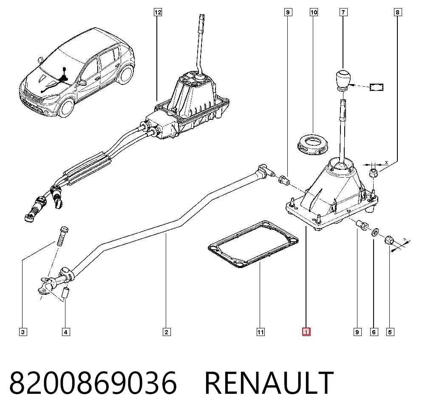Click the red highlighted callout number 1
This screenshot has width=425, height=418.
[306, 332]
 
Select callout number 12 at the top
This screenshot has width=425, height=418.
[158, 12]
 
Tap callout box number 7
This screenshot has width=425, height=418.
[343, 12]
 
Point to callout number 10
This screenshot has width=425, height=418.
[314, 12]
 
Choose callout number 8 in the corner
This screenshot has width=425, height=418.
[398, 12]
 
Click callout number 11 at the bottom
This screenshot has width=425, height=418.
[261, 332]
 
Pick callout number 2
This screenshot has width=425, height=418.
[167, 332]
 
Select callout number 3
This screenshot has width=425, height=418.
[23, 332]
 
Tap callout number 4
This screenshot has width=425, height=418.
[66, 332]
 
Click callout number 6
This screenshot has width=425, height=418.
[374, 332]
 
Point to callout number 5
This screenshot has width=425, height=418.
[390, 332]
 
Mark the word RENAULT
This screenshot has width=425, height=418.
[269, 383]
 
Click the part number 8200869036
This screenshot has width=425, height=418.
[93, 383]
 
